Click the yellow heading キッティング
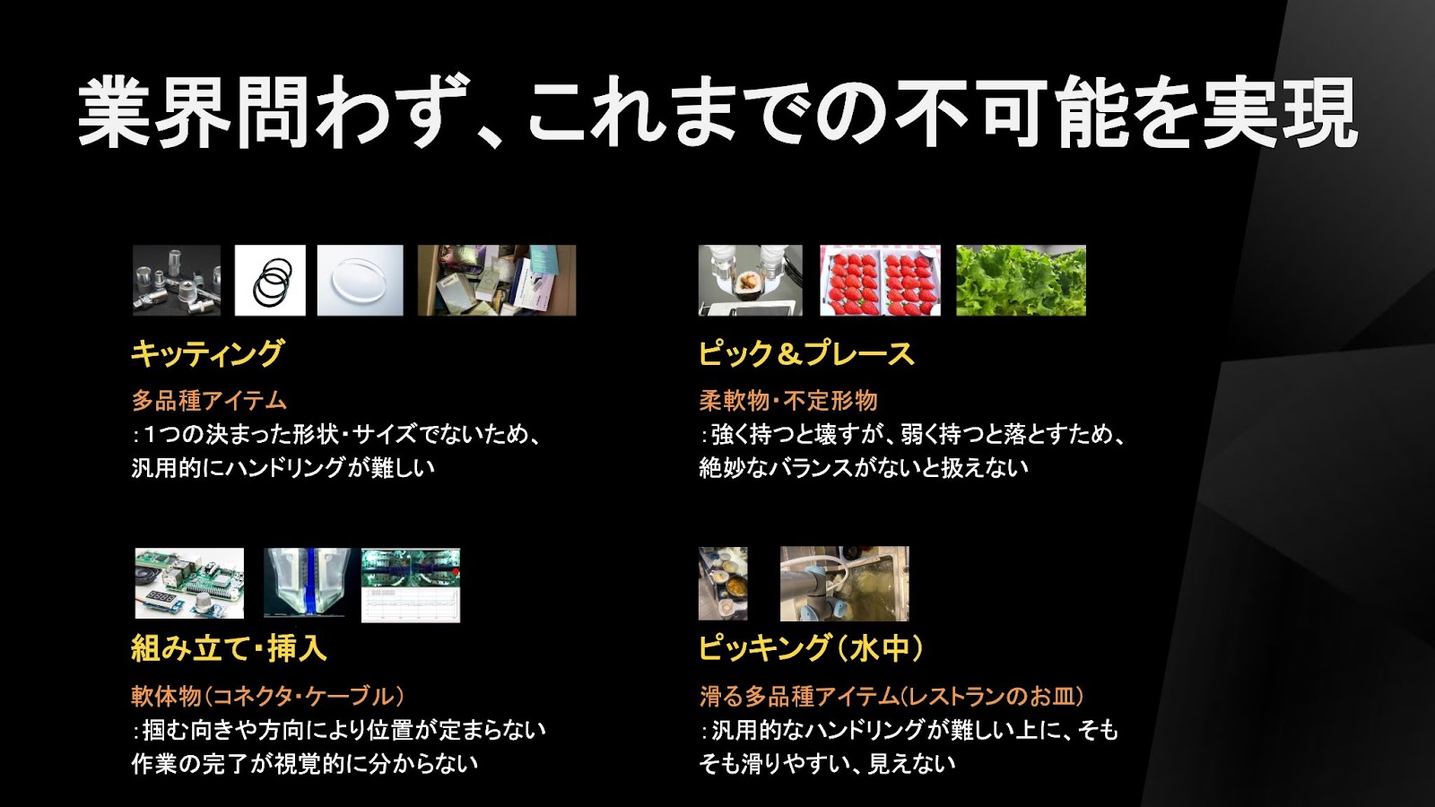(x=207, y=353)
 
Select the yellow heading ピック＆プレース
(x=806, y=353)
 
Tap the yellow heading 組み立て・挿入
(x=229, y=648)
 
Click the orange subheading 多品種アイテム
(x=209, y=401)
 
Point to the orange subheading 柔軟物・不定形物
(x=788, y=401)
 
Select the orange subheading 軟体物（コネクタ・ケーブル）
(x=268, y=696)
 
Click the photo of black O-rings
(x=270, y=281)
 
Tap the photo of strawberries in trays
(x=880, y=281)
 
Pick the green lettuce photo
(x=1022, y=281)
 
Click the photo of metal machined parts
(x=177, y=281)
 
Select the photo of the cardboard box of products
(x=497, y=281)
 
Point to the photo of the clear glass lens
(x=360, y=281)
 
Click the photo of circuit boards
(x=189, y=584)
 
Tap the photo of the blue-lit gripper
(x=308, y=583)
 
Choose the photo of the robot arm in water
(x=844, y=584)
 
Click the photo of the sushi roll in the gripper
(x=750, y=281)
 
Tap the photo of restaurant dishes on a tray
(x=723, y=584)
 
